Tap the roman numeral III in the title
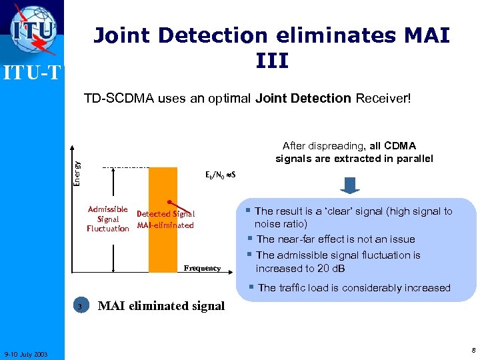coord(271,61)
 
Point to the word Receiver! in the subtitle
coord(384,99)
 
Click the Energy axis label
coord(77,172)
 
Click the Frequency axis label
coord(203,268)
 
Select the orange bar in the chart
coord(163,220)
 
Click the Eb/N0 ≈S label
coord(223,175)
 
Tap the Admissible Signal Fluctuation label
coord(108,219)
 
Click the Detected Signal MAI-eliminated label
coord(165,219)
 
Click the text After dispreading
coord(323,145)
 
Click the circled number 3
coord(80,307)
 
